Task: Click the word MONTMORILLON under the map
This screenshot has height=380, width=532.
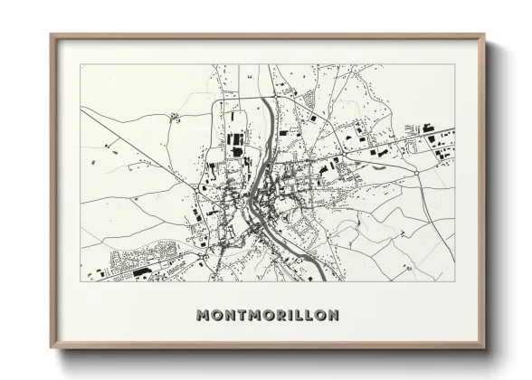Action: pos(267,315)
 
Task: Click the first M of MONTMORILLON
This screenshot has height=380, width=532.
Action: pos(202,315)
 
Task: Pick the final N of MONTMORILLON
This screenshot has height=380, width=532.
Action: pos(333,315)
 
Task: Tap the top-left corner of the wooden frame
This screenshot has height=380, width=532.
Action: pos(52,36)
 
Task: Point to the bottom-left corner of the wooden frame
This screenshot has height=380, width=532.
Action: pos(52,347)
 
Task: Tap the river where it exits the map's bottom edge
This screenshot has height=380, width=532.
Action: pos(318,279)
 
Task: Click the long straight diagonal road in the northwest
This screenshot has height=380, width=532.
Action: pos(136,136)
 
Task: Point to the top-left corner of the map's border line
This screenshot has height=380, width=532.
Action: pos(81,65)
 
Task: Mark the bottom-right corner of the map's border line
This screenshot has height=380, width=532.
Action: pos(455,280)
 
